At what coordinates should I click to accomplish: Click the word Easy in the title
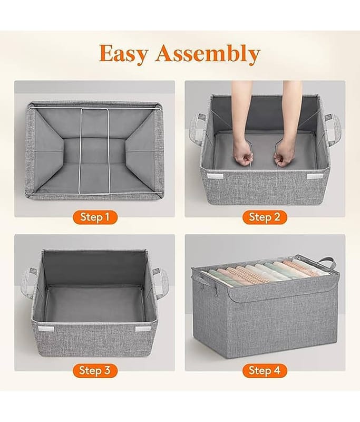(x=123, y=54)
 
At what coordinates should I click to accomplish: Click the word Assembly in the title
(x=208, y=54)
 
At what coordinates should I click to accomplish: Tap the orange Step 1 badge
(x=95, y=217)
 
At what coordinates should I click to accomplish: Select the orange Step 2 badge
(x=265, y=217)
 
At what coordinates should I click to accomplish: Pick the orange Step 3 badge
(x=95, y=370)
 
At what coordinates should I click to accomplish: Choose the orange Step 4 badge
(x=265, y=370)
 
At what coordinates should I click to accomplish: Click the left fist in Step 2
(x=242, y=155)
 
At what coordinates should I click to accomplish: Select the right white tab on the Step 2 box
(x=315, y=177)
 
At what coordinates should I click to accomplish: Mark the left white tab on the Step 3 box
(x=46, y=329)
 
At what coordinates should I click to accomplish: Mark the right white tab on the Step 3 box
(x=143, y=329)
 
